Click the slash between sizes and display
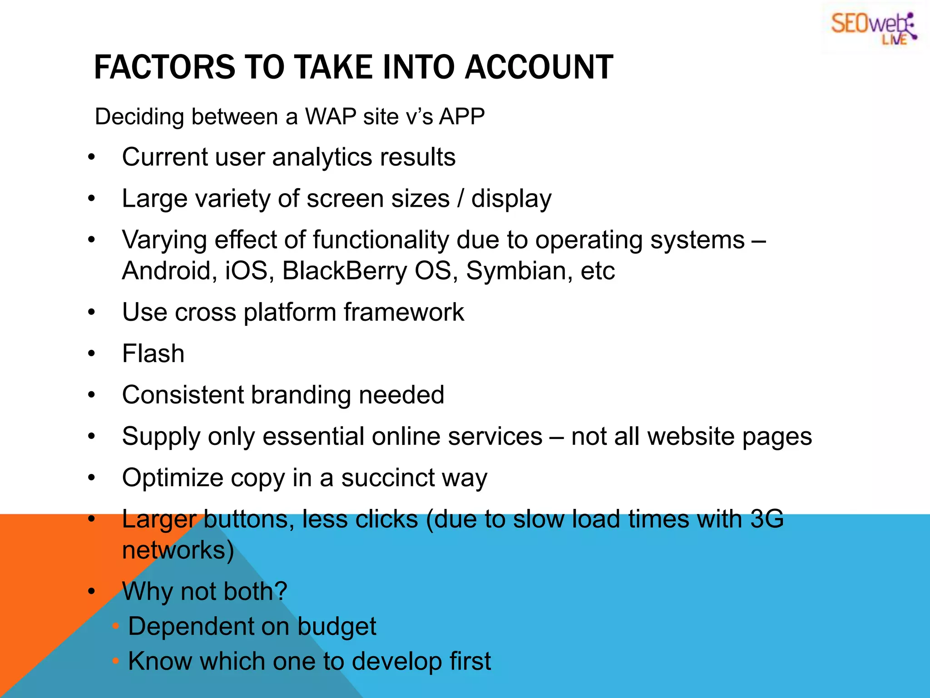point(460,199)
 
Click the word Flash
point(153,354)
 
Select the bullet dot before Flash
point(92,354)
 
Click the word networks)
point(178,550)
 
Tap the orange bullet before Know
point(116,661)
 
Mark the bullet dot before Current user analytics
point(92,157)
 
